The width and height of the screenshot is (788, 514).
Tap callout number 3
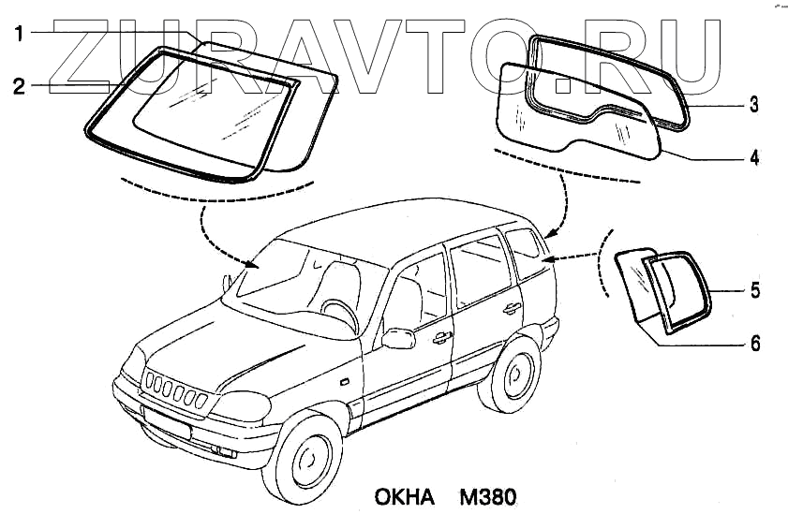click(752, 106)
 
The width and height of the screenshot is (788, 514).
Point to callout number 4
click(752, 156)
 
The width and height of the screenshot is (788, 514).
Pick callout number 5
click(754, 290)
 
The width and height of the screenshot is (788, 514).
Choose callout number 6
click(754, 343)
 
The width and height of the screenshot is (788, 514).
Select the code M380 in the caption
click(488, 494)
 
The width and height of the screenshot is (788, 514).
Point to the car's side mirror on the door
click(398, 337)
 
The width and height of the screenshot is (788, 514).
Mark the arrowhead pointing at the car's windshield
click(250, 264)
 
